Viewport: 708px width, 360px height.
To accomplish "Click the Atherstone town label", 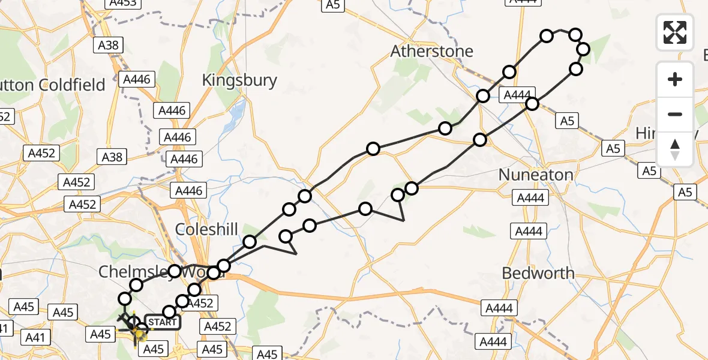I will tap(431, 52).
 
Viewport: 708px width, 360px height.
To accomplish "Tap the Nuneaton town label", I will tap(536, 175).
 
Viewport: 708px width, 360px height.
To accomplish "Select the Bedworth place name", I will tap(538, 273).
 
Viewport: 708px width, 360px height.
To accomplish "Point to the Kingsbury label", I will tap(239, 80).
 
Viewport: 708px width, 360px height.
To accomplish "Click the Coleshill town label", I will tap(206, 229).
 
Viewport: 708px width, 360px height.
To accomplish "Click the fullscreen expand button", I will tap(675, 32).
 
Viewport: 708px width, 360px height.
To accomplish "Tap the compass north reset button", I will tap(675, 149).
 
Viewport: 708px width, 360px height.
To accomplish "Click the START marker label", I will tap(162, 322).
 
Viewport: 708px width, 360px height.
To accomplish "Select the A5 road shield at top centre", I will tap(332, 5).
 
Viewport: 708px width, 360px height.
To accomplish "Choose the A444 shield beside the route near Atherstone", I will tap(517, 95).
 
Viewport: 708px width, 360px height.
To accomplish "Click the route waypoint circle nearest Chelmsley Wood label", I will tap(175, 271).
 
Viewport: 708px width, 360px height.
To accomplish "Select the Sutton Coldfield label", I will tap(54, 85).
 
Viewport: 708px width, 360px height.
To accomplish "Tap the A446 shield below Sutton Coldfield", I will tap(138, 79).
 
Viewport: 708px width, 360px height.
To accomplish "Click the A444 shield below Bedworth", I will tap(499, 308).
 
